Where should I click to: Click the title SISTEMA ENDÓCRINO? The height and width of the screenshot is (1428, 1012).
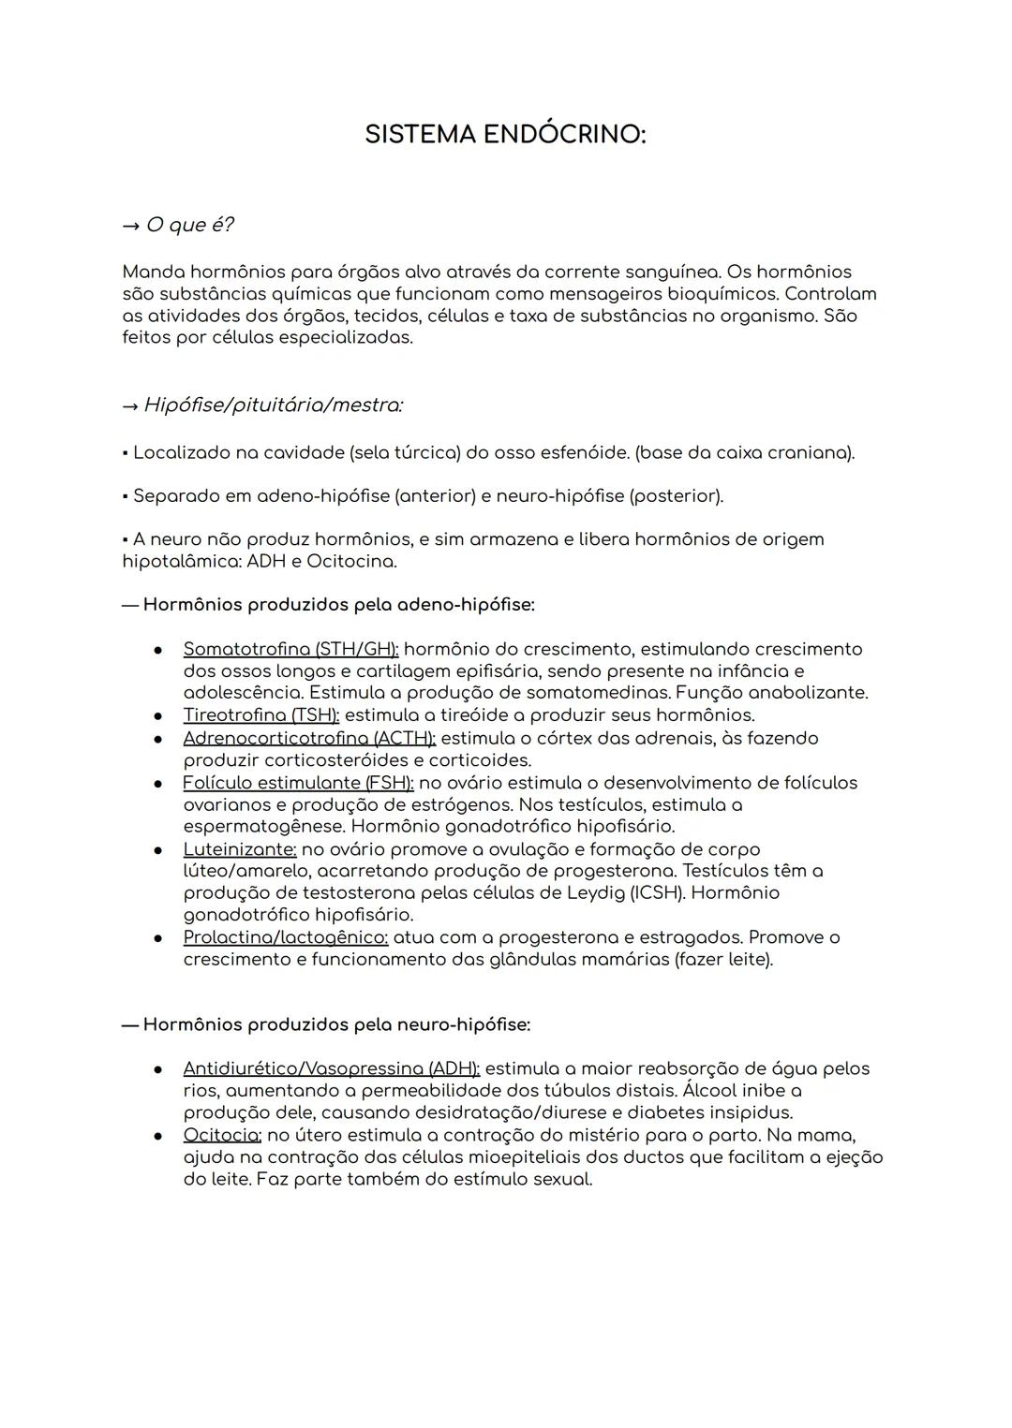[x=505, y=135]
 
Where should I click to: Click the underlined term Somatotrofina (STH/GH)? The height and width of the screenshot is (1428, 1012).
[x=290, y=649]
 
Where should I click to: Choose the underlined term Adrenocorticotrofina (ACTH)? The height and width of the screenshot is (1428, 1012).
[x=309, y=738]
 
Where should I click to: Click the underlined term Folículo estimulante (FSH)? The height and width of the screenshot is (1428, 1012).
[x=298, y=783]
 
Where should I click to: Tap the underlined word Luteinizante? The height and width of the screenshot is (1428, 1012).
[x=240, y=849]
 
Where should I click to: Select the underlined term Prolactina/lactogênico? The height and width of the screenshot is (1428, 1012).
[x=286, y=937]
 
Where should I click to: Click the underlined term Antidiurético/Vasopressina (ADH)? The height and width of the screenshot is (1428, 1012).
[x=331, y=1068]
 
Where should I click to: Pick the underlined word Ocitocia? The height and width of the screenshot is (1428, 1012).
[x=222, y=1135]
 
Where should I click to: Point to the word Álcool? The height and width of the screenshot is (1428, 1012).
[x=711, y=1091]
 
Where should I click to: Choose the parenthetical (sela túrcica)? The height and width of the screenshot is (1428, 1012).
[x=405, y=453]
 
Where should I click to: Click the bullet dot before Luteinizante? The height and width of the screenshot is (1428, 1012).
[x=160, y=850]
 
